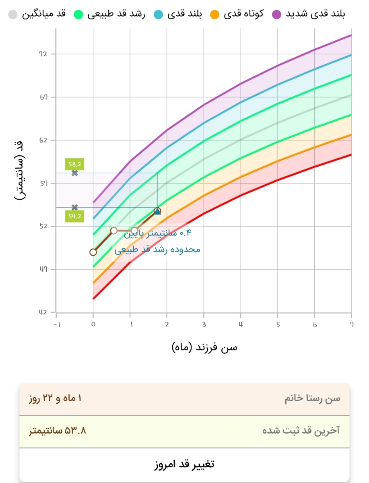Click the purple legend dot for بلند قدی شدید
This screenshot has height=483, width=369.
tap(276, 14)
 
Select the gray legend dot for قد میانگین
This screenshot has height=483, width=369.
tap(13, 14)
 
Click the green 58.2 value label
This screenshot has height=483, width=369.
tap(74, 164)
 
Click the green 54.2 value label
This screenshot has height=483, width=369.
tap(74, 217)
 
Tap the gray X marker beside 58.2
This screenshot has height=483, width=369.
tap(74, 173)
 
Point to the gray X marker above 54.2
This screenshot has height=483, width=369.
tap(74, 207)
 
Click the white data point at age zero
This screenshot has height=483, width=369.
tap(93, 252)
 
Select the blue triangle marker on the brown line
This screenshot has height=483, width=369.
tap(157, 211)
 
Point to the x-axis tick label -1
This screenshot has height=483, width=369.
tap(56, 324)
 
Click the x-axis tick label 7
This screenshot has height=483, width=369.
tap(351, 324)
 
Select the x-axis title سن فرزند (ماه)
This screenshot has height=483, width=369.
tap(204, 347)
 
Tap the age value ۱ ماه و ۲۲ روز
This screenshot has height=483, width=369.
tap(55, 399)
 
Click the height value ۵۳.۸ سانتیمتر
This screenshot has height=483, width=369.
tap(58, 430)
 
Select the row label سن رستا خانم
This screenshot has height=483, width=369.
tap(312, 399)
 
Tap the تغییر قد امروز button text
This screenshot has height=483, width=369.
tap(184, 464)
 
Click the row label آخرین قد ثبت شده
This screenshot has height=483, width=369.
tap(301, 430)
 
